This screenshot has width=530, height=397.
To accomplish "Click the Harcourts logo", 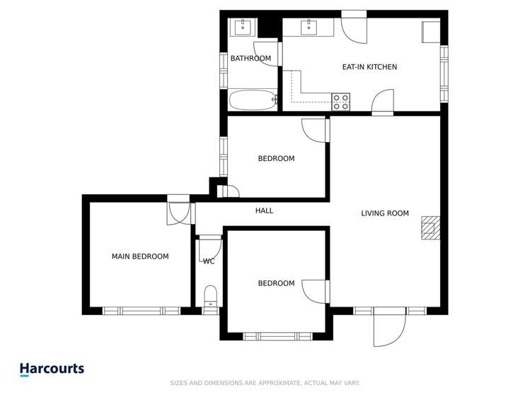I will [x=52, y=369].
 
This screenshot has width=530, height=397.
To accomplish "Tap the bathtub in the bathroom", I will [x=252, y=100].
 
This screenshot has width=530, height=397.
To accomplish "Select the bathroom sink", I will [x=243, y=27].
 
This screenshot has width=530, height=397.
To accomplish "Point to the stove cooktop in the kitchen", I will [x=341, y=102].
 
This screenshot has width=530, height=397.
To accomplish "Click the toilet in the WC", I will [x=210, y=295].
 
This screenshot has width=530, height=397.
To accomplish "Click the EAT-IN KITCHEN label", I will [x=369, y=67].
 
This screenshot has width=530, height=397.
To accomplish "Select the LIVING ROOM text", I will [x=384, y=213].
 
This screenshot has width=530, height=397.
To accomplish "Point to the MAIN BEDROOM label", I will [x=140, y=256].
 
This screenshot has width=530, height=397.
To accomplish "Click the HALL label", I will [x=264, y=211].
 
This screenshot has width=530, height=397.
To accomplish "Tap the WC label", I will [x=209, y=261].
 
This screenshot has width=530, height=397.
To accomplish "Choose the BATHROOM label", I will [x=250, y=59].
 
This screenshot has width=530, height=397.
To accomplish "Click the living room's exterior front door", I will [x=389, y=328].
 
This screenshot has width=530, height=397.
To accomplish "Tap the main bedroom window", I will [x=142, y=310].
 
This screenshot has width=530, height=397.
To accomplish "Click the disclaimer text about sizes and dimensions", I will [x=265, y=383].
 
